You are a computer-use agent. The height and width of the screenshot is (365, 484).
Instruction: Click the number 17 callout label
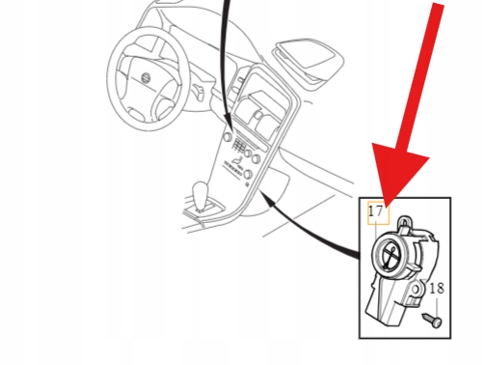376,211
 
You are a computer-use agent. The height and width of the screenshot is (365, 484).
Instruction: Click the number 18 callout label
437,289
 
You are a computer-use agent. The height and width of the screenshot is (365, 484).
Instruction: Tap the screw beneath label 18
432,320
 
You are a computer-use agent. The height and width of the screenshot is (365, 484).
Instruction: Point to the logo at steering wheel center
146,78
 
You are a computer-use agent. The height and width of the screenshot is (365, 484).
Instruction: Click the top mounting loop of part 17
404,223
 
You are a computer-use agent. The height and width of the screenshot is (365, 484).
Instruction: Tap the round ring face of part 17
391,255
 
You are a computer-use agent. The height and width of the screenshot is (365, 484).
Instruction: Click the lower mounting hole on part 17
416,290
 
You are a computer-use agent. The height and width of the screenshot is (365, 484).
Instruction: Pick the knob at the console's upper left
228,137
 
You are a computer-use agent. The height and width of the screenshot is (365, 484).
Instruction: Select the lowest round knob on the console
249,175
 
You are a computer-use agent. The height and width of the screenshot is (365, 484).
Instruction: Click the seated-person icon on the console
237,159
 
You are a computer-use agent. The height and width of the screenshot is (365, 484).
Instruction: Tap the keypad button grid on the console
238,145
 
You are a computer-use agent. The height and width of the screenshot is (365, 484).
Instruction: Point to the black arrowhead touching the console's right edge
268,198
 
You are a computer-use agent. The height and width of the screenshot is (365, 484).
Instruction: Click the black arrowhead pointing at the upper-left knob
229,123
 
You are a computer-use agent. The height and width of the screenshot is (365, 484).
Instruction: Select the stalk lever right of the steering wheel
198,91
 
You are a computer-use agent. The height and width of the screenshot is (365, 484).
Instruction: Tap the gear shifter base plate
204,210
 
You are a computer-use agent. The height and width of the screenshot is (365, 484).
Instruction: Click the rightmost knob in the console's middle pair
256,158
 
